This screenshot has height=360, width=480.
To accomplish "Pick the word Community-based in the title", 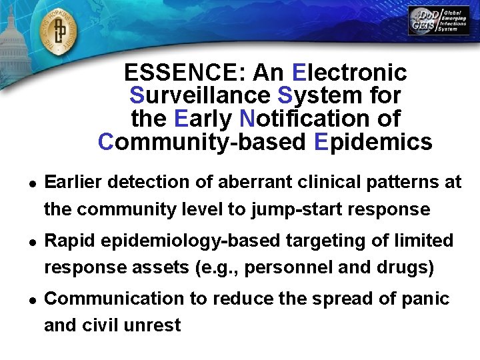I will (201, 142).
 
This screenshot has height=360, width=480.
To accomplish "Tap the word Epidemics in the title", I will (371, 142).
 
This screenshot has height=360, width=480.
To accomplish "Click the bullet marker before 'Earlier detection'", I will (31, 183).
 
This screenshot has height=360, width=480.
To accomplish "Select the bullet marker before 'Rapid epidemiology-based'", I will (31, 241).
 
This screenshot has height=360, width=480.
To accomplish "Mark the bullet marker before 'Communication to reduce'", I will (31, 299).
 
